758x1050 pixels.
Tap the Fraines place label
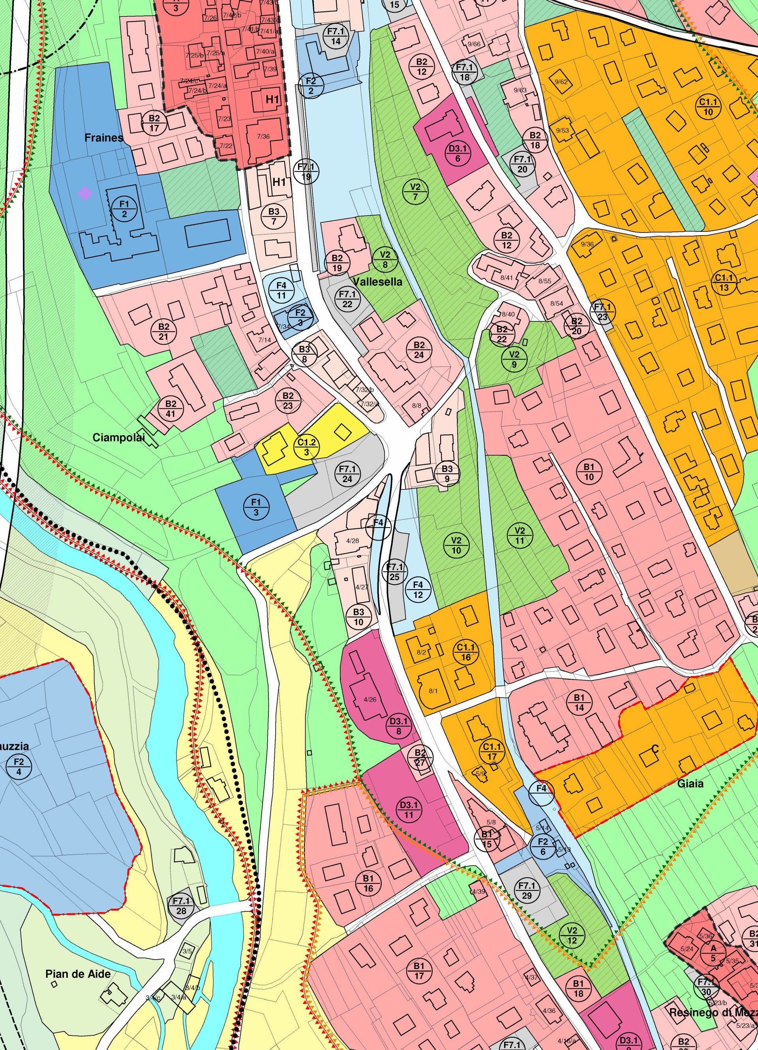coord(104,137)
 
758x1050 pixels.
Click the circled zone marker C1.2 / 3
coord(306,447)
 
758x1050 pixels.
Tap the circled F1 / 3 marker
coord(256,507)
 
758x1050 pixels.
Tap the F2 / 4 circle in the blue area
coord(18,766)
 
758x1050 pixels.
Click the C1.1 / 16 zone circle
coord(466,652)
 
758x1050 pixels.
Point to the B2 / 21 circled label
coord(163,331)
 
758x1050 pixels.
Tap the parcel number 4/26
coord(370,699)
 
